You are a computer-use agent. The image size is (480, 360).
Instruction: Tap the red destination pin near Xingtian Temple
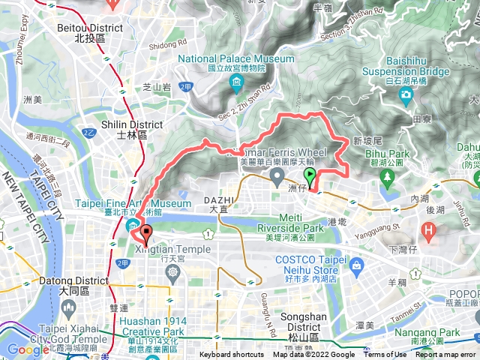click(x=147, y=232)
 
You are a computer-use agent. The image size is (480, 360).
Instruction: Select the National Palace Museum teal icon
click(x=236, y=82)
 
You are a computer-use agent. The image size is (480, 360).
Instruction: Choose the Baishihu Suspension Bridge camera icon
click(x=406, y=94)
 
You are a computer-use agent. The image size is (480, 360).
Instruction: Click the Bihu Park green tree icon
click(x=388, y=176)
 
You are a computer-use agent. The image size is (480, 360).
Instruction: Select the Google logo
click(x=28, y=349)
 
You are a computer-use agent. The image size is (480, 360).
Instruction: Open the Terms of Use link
click(x=385, y=355)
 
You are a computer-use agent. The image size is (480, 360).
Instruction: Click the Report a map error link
click(x=445, y=355)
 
